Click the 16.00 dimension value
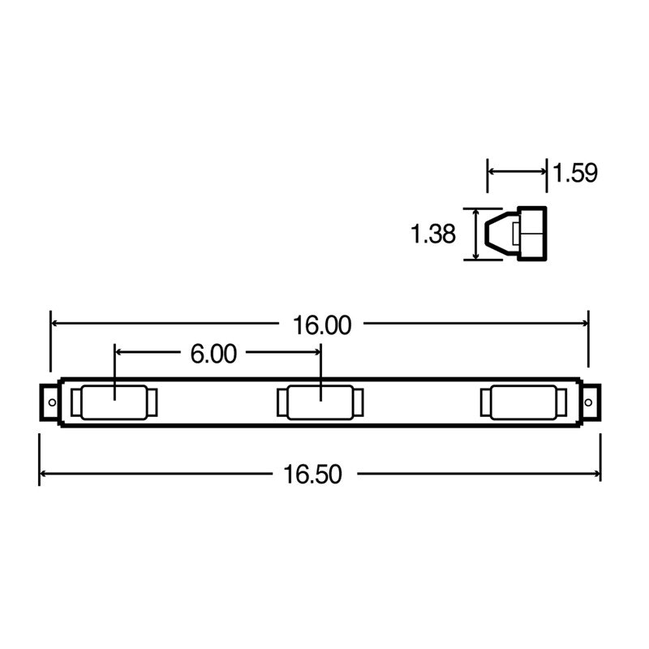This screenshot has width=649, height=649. [322, 325]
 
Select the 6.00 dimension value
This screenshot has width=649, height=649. [213, 354]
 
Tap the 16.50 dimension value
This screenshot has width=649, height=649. [312, 475]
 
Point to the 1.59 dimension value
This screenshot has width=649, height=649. [575, 173]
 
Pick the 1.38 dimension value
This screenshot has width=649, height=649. [433, 234]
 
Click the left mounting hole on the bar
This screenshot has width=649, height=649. [52, 402]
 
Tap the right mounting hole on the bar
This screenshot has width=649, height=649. [588, 402]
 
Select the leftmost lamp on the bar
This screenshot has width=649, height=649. [114, 402]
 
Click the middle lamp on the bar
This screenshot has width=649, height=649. [320, 402]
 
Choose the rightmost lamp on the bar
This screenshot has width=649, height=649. [523, 402]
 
